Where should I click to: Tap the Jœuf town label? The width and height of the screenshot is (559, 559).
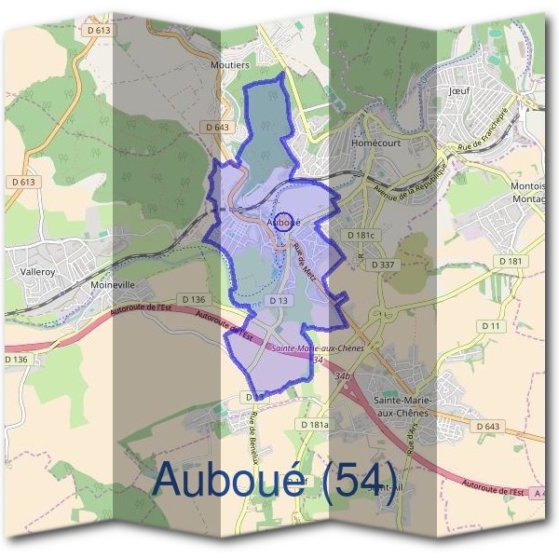coord(458,92)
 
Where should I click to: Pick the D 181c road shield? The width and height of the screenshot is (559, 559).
coord(361,236)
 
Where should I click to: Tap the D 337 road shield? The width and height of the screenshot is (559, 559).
coord(383,265)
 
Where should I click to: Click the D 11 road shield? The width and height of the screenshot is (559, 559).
coord(491,325)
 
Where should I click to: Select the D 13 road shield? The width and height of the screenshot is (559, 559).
coord(278,300)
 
